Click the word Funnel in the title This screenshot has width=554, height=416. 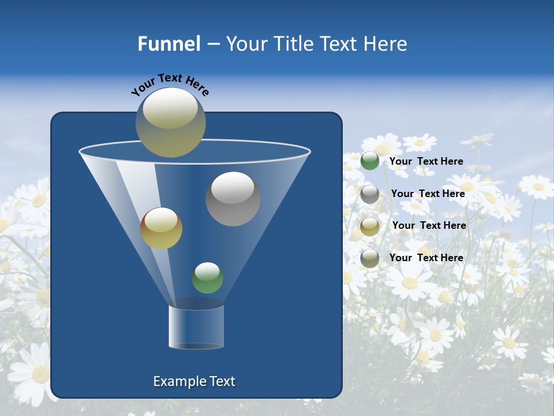pyautogui.click(x=169, y=44)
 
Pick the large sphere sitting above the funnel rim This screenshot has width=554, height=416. pyautogui.click(x=170, y=122)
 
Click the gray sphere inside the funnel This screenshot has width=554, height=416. pyautogui.click(x=233, y=199)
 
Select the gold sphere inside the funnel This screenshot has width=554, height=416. pyautogui.click(x=161, y=228)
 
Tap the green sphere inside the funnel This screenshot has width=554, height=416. pyautogui.click(x=207, y=278)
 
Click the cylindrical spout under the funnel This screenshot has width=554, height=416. pyautogui.click(x=196, y=326)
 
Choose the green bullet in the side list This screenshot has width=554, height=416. pyautogui.click(x=370, y=161)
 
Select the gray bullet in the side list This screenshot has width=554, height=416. pyautogui.click(x=370, y=194)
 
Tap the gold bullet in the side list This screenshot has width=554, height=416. pyautogui.click(x=370, y=226)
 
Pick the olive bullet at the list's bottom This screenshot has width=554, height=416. pyautogui.click(x=370, y=258)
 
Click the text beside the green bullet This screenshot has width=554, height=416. pyautogui.click(x=426, y=161)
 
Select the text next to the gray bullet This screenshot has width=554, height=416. pyautogui.click(x=428, y=194)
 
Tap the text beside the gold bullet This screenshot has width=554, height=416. pyautogui.click(x=429, y=225)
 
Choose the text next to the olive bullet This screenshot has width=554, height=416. pyautogui.click(x=426, y=258)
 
